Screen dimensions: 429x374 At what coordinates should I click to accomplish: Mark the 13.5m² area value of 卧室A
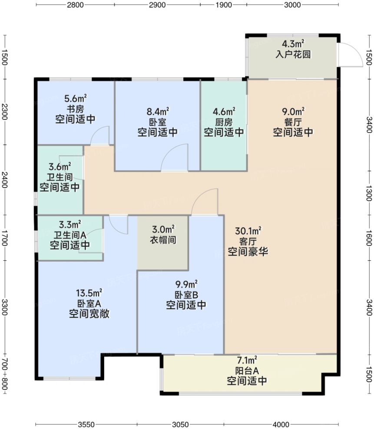tap(89, 292)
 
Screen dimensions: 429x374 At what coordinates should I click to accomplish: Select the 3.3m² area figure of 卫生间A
tap(70, 225)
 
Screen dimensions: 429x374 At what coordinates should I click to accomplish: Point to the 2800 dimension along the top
tap(75, 6)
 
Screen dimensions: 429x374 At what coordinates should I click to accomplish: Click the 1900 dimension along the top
tap(223, 6)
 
